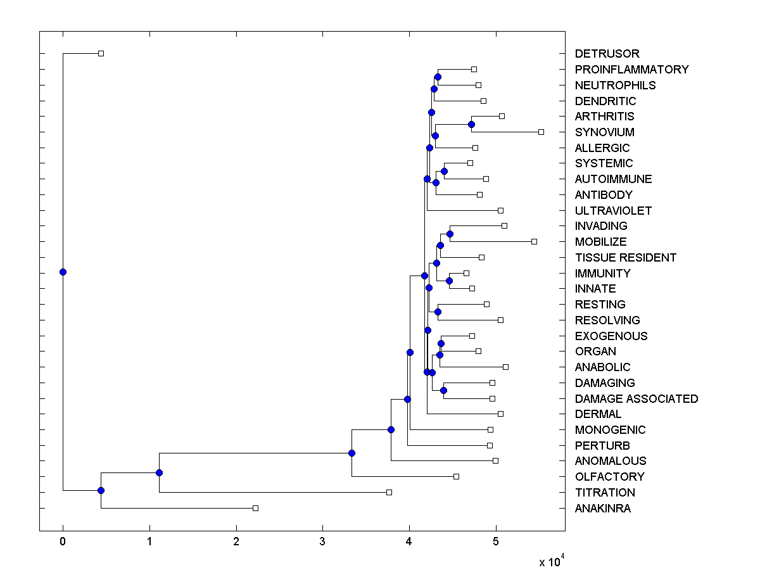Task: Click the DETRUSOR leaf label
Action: tap(607, 54)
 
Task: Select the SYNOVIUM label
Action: tap(604, 132)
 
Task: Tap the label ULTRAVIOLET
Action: tap(613, 211)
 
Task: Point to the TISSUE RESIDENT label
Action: tap(625, 258)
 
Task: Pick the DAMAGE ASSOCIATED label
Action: tap(636, 399)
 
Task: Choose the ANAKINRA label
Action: tap(602, 509)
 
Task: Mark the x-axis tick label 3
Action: tap(322, 542)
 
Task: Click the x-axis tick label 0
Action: tap(63, 542)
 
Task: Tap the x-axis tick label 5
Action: tap(496, 542)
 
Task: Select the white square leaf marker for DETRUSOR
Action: tap(101, 53)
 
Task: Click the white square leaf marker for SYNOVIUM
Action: tap(541, 132)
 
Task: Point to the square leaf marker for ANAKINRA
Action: tap(255, 508)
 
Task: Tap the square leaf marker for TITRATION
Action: tap(389, 492)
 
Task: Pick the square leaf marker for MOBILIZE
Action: tap(534, 241)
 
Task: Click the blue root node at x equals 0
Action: tap(63, 272)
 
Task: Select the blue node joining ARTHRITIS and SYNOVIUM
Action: tap(471, 124)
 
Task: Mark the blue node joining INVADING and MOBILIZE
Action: tap(450, 234)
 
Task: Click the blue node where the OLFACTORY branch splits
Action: tap(351, 453)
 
